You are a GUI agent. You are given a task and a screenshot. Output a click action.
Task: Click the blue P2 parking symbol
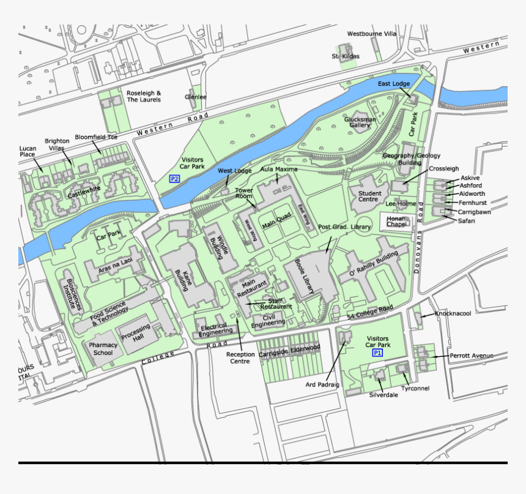pos(174,179)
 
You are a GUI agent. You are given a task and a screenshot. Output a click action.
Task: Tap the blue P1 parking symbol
pos(377,353)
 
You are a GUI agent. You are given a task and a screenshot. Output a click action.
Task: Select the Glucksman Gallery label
pos(360,121)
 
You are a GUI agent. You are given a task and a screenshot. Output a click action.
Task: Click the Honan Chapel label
pos(396,222)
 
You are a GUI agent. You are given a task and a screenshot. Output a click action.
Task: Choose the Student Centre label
pos(369,196)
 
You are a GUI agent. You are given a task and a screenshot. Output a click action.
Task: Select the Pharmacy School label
pos(103,349)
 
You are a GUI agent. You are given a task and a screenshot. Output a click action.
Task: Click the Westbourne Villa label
pos(372,34)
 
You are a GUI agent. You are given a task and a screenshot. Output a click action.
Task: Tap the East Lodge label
pos(393,84)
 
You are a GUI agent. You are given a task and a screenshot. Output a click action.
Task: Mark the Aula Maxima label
pos(279,169)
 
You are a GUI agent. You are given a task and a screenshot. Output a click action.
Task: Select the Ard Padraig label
pos(322,385)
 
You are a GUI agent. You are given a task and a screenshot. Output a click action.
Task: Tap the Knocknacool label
pos(453,313)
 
